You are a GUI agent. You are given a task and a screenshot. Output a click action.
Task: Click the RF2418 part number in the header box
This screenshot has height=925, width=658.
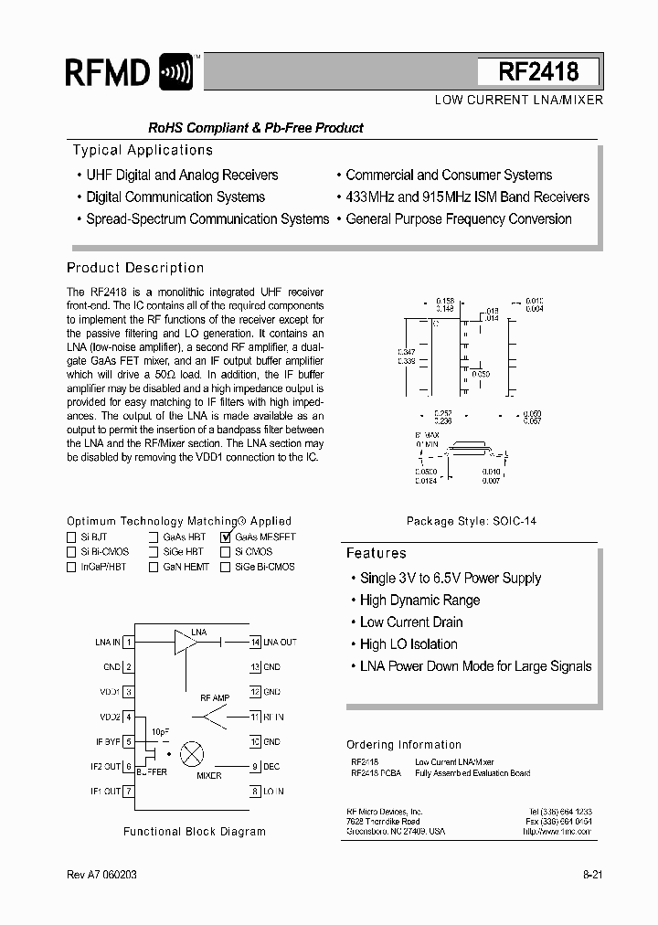pyautogui.click(x=538, y=72)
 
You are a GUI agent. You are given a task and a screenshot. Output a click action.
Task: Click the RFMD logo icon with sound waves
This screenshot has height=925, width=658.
pyautogui.click(x=175, y=71)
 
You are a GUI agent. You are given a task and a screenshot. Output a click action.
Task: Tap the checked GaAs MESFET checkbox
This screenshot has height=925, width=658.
pyautogui.click(x=226, y=537)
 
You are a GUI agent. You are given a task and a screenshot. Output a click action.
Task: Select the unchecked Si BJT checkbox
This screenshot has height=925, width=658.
pyautogui.click(x=71, y=537)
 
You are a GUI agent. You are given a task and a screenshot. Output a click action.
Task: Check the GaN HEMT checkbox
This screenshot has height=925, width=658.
pyautogui.click(x=154, y=567)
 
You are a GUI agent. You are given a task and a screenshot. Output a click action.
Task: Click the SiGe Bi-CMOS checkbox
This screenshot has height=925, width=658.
pyautogui.click(x=226, y=567)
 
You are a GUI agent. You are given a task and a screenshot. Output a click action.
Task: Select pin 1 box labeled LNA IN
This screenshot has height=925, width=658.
pyautogui.click(x=130, y=643)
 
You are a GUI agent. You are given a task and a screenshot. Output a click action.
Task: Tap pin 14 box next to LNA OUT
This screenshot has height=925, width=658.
pyautogui.click(x=255, y=643)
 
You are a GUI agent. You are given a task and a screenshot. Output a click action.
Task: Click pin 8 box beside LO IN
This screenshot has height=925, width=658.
pyautogui.click(x=255, y=791)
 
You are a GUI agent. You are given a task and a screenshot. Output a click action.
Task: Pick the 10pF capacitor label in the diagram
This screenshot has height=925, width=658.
pyautogui.click(x=160, y=733)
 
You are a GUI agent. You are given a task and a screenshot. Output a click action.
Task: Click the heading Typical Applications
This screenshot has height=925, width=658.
pyautogui.click(x=143, y=150)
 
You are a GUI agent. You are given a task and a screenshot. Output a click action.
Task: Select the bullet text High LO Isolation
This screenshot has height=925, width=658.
pyautogui.click(x=409, y=643)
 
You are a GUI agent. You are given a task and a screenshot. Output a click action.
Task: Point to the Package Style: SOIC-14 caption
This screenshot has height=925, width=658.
pyautogui.click(x=471, y=521)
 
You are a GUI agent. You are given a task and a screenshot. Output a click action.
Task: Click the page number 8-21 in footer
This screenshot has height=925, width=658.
pyautogui.click(x=592, y=876)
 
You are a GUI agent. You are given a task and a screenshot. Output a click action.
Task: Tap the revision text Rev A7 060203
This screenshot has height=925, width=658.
pyautogui.click(x=105, y=876)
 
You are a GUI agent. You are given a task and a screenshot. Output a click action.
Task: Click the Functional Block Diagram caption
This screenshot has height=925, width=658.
pyautogui.click(x=195, y=832)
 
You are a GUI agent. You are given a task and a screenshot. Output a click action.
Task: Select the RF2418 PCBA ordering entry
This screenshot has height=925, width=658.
pyautogui.click(x=376, y=773)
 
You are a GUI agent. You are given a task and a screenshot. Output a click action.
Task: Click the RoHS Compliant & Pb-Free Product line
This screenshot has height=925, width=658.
pyautogui.click(x=256, y=128)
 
